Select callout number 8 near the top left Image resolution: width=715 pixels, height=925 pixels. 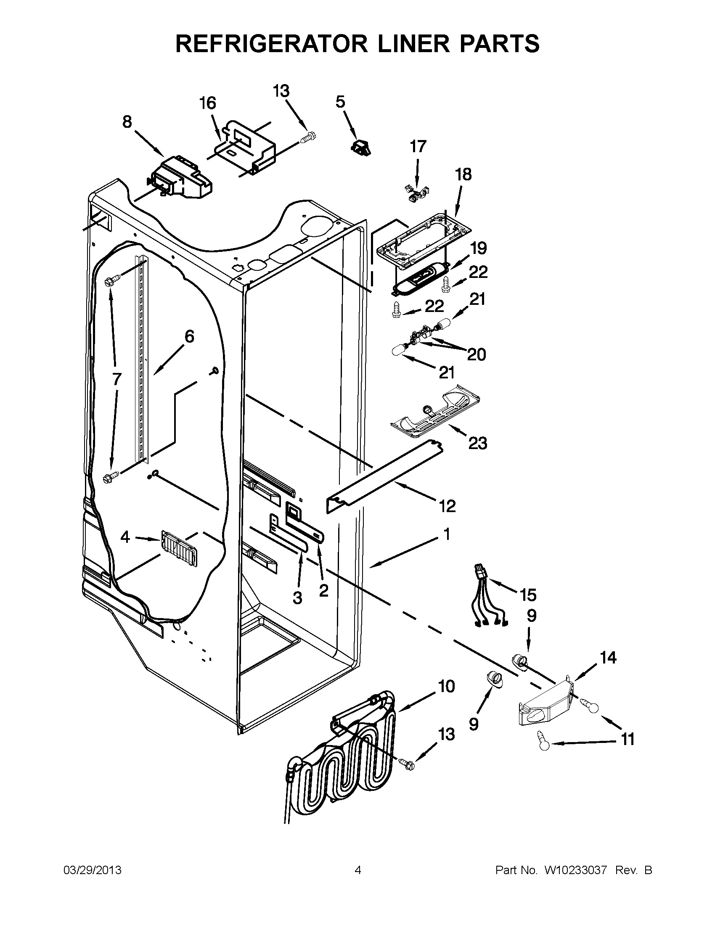127,122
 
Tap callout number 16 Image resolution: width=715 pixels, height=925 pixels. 207,103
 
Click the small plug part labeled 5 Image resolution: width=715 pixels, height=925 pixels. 360,147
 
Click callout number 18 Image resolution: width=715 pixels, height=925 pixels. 463,174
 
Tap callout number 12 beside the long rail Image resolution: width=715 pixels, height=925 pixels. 448,506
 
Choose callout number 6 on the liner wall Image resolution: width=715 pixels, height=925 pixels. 189,337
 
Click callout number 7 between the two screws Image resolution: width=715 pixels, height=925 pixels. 117,378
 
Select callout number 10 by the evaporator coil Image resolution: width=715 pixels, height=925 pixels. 446,686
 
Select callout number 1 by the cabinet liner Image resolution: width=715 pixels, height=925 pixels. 447,534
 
